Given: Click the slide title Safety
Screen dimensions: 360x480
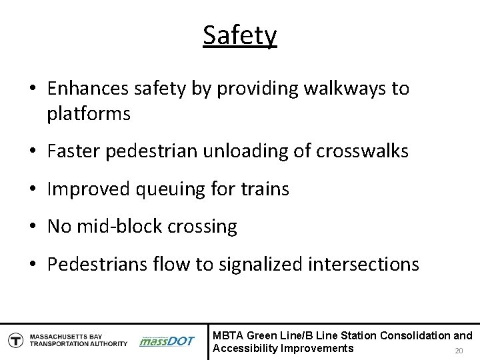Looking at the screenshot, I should pos(240,35).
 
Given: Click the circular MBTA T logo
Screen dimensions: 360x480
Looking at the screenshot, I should pos(15,339).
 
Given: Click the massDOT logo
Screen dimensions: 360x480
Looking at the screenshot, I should pos(167,341).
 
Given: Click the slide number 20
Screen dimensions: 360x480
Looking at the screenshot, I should pos(458,351).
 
